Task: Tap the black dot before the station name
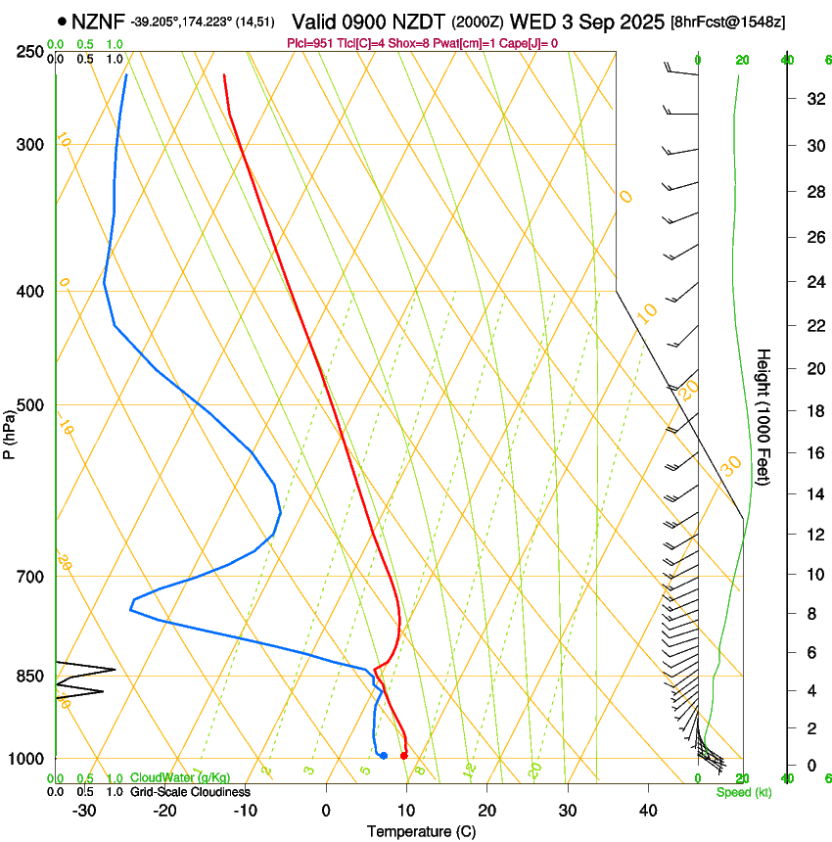coord(63,21)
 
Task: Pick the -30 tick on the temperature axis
coord(84,811)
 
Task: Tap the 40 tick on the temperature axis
coord(648,811)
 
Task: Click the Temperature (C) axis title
coord(421,831)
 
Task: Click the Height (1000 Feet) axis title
coord(763,416)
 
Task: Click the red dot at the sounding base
coord(404,755)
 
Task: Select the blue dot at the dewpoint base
coord(384,755)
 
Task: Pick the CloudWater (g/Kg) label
coord(174,778)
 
